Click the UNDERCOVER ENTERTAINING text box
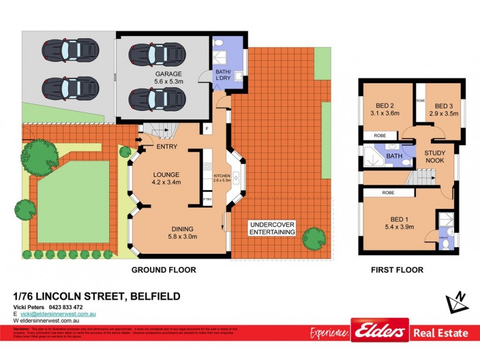pyautogui.click(x=272, y=228)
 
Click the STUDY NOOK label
pyautogui.click(x=435, y=157)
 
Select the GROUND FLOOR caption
pyautogui.click(x=164, y=270)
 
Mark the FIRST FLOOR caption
pyautogui.click(x=397, y=270)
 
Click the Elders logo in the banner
pyautogui.click(x=380, y=331)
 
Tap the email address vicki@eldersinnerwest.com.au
pyautogui.click(x=55, y=314)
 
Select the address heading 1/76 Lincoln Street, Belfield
pyautogui.click(x=97, y=296)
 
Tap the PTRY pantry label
pyautogui.click(x=208, y=199)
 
